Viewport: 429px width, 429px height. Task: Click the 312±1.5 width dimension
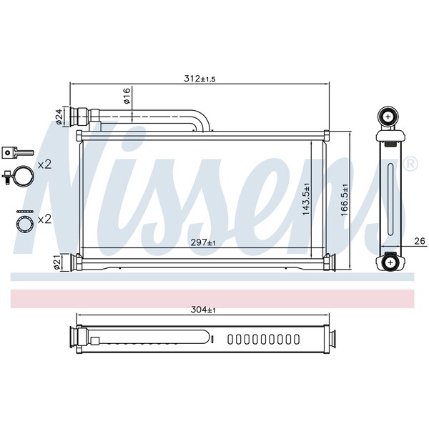click(x=199, y=79)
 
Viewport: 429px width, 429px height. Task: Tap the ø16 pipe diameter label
click(x=127, y=96)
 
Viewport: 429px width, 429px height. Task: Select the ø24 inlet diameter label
click(x=59, y=117)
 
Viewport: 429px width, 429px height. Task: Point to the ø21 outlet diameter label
click(x=57, y=263)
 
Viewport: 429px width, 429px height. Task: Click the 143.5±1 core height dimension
click(x=306, y=199)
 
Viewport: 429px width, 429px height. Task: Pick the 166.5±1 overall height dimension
click(x=345, y=199)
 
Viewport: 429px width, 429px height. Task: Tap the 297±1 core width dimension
click(x=203, y=242)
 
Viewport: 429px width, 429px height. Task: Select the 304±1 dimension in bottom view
click(x=203, y=310)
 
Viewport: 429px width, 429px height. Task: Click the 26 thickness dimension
click(x=420, y=241)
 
